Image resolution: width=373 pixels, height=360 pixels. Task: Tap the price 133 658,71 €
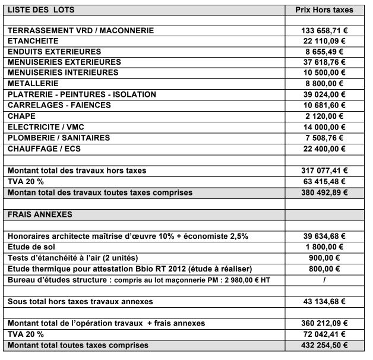pos(324,30)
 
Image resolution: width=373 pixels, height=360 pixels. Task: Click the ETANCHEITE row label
pos(33,41)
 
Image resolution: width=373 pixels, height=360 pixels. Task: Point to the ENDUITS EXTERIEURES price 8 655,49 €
pos(324,52)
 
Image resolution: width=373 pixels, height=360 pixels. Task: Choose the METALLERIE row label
pos(33,84)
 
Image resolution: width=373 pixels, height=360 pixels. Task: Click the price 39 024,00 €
pos(324,94)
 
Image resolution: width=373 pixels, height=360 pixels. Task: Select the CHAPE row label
pos(21,116)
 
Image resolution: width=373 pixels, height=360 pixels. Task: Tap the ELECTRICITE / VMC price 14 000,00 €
pos(324,127)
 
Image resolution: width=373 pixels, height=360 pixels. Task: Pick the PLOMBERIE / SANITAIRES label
pos(59,137)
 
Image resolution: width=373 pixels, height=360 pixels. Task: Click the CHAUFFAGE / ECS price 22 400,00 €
pos(324,148)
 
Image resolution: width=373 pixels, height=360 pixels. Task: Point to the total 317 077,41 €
pos(324,170)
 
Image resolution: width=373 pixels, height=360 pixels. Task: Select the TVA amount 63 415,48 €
pos(324,181)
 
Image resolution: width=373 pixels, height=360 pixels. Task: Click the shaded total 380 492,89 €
pos(324,192)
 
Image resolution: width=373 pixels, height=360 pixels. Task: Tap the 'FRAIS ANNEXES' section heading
pos(37,214)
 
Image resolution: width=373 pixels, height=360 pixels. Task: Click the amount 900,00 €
pos(324,257)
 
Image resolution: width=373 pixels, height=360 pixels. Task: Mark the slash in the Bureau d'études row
pos(324,279)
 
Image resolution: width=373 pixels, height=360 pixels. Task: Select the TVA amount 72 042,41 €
pos(324,334)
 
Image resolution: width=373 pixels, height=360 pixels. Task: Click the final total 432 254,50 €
pos(324,345)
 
